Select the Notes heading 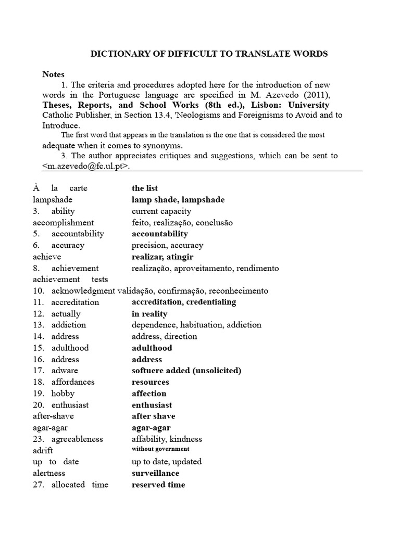[53, 74]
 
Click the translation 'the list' [145, 188]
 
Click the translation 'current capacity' [161, 211]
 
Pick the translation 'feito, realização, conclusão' [182, 223]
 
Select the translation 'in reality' [149, 314]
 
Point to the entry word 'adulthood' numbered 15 [70, 348]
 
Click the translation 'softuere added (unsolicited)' [186, 371]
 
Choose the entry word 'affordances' [73, 382]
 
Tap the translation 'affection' [149, 394]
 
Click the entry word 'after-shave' [53, 416]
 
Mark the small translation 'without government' [160, 449]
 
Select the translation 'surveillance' [155, 473]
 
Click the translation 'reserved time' [158, 485]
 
